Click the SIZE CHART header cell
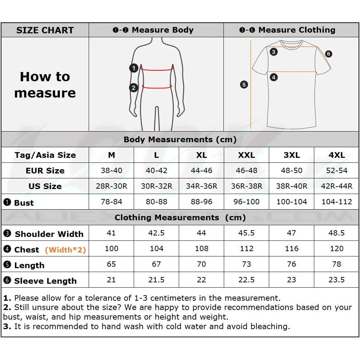click(x=45, y=30)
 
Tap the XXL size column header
click(x=247, y=155)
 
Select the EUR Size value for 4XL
click(x=337, y=171)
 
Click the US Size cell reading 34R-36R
click(x=201, y=186)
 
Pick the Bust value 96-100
click(x=247, y=202)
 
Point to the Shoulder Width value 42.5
click(x=156, y=233)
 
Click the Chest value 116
click(x=292, y=249)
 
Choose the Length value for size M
click(x=111, y=264)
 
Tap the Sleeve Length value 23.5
click(x=337, y=280)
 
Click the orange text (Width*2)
click(x=65, y=250)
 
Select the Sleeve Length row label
click(x=45, y=281)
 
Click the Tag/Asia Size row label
click(x=45, y=155)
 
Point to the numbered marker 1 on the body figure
click(x=134, y=68)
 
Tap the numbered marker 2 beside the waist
click(x=134, y=87)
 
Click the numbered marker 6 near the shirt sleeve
click(x=328, y=54)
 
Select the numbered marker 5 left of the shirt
click(x=244, y=85)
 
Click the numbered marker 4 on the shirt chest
click(x=273, y=77)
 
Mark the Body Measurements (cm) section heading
click(x=180, y=139)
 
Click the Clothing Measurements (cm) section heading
click(x=180, y=217)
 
